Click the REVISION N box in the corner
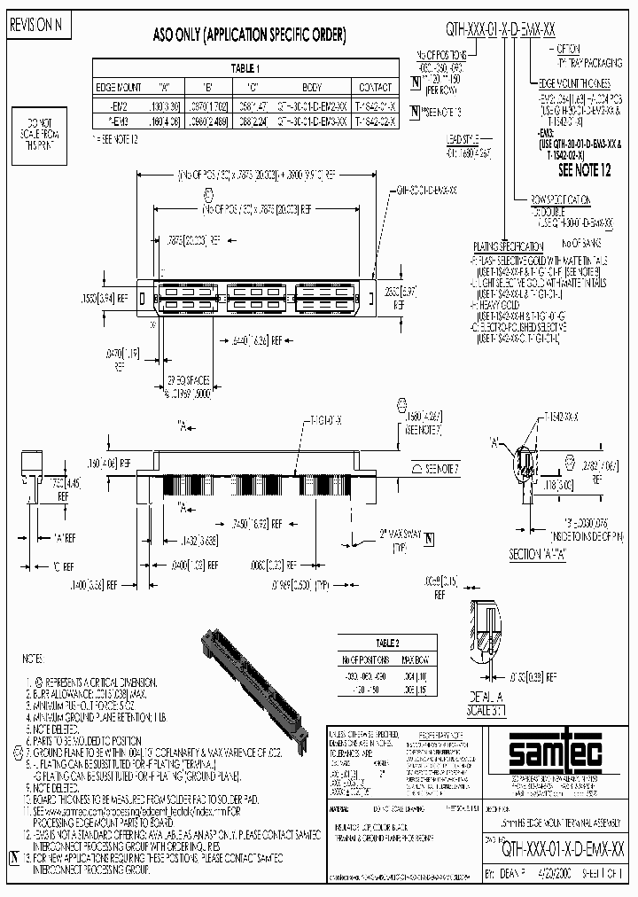tap(36, 24)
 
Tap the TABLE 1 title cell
tap(244, 68)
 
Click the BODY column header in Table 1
tap(312, 88)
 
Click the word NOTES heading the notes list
tap(32, 659)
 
